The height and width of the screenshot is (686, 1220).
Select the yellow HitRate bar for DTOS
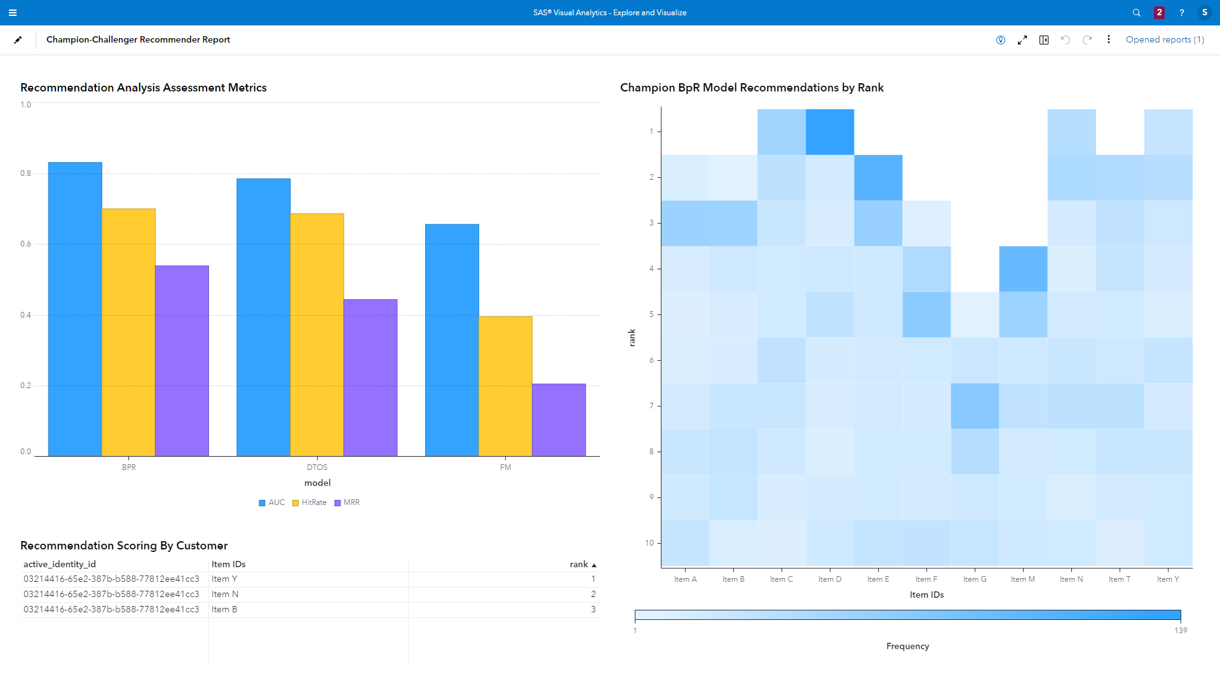317,334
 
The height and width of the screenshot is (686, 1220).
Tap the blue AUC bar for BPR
75,309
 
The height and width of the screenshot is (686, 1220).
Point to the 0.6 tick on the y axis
25,244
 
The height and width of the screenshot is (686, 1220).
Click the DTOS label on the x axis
317,467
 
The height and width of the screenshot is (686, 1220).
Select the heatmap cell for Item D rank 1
830,131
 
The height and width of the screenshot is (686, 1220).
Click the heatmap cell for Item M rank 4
1023,269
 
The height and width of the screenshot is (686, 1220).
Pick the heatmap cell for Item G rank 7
975,406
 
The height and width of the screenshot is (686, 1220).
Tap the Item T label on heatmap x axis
1119,579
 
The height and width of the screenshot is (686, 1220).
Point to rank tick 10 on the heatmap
649,543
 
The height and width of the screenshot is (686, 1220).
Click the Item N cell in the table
225,594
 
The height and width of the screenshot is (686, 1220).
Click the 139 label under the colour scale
1180,631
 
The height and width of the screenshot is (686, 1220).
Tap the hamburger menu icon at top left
13,13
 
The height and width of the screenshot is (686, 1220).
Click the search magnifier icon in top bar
1136,13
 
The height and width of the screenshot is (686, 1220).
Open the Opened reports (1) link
1165,39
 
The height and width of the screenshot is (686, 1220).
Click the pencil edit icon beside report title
18,39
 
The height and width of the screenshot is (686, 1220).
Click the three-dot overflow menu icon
1109,39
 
